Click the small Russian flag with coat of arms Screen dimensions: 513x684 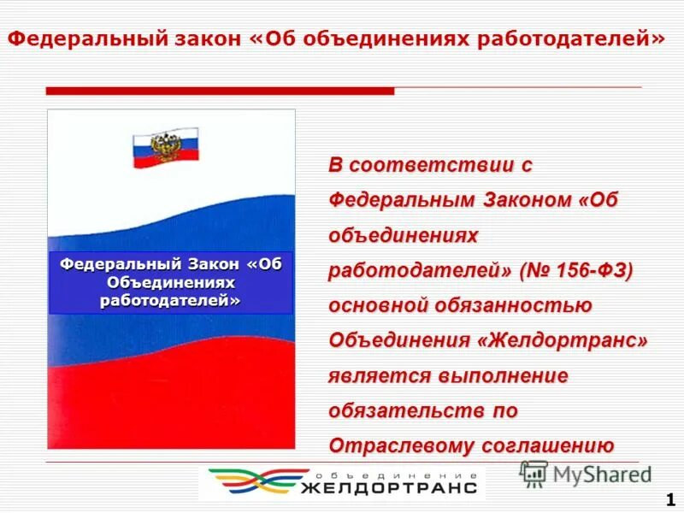coord(165,150)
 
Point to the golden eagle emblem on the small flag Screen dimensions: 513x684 coord(163,148)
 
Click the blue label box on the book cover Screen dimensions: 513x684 coord(171,282)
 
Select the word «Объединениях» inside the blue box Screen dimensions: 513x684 coord(171,282)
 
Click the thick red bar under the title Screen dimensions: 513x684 coord(220,91)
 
